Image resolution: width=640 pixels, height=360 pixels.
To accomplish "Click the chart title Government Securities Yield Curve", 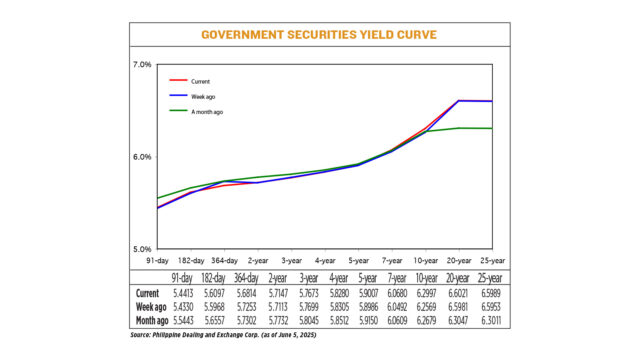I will coord(319,33).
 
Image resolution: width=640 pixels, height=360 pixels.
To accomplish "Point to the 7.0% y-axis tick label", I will coord(141,65).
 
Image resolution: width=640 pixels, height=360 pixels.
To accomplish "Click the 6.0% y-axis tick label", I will coord(141,157).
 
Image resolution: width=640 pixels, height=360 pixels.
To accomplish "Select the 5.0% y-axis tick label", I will coord(141,249).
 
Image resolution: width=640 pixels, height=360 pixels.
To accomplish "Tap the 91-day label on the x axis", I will coord(158,258).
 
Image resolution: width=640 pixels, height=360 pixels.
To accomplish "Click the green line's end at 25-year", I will coord(491,128).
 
